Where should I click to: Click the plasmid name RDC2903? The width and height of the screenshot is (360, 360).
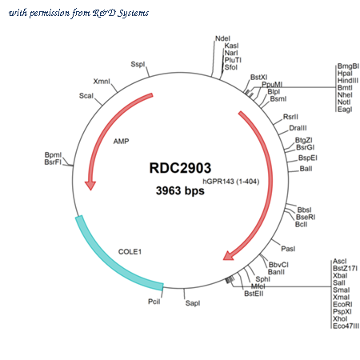coord(180,168)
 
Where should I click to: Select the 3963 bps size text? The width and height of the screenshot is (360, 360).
coord(180,190)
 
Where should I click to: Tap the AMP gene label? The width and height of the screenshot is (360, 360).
coord(121,141)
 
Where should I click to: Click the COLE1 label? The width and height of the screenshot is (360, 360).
coord(130,252)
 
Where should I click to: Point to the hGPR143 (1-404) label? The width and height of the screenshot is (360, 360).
coord(231,182)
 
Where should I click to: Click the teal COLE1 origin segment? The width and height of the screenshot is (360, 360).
coord(112,262)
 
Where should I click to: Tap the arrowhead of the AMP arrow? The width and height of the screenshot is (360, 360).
coord(90,185)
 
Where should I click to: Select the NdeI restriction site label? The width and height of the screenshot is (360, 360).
coord(222,38)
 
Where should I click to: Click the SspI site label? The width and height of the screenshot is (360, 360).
coord(138,64)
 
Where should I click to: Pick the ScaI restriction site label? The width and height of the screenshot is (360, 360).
coord(86,96)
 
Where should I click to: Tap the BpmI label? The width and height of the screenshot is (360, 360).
coord(53,155)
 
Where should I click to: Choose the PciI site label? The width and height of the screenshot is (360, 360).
coord(154,302)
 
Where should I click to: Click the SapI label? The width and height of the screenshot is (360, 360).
coord(193,303)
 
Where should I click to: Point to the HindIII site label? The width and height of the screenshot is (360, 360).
coord(348,81)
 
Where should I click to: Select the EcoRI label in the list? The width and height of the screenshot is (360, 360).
coord(342,305)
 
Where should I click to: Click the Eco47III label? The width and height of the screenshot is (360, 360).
coord(346,326)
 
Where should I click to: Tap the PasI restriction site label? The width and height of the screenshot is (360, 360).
coord(288,249)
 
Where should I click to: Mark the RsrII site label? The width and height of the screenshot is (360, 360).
coord(290,117)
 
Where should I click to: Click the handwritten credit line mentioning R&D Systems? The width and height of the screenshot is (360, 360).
coord(78,13)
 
